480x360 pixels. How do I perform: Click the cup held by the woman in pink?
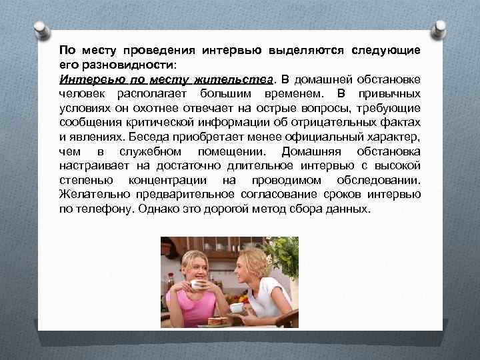197,285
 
